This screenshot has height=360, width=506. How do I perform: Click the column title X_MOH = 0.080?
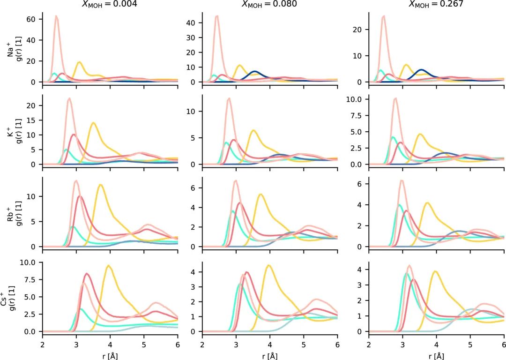[269, 4]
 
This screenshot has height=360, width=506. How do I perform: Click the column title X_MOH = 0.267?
[436, 4]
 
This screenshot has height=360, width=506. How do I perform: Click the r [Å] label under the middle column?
[269, 356]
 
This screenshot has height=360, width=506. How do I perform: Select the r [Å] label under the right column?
[436, 356]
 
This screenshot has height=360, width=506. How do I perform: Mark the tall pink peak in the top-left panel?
[56, 16]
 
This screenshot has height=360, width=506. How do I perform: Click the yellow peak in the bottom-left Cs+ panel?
[109, 266]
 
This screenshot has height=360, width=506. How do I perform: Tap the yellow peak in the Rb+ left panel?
[100, 185]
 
